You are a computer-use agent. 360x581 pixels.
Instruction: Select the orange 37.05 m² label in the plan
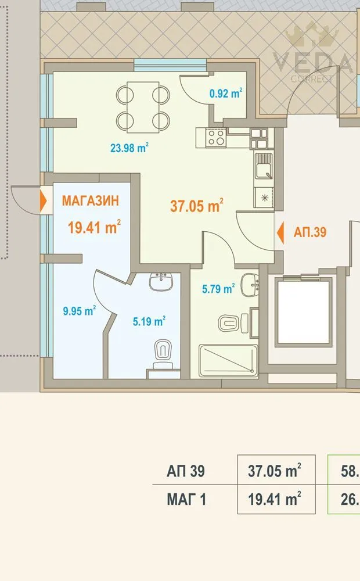click(x=197, y=205)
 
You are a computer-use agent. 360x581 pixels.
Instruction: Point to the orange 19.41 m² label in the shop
click(x=94, y=227)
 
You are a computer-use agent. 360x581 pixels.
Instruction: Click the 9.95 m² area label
click(x=80, y=311)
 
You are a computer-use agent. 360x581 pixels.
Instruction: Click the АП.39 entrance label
click(x=310, y=233)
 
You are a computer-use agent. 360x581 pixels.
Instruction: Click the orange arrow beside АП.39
click(x=280, y=233)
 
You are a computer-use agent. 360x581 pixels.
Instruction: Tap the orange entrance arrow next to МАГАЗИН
click(x=44, y=201)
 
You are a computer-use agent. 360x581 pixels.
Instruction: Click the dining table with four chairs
click(x=143, y=107)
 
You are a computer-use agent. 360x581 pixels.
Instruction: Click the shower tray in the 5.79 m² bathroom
click(x=228, y=360)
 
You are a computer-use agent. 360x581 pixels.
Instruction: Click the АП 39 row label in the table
click(x=186, y=472)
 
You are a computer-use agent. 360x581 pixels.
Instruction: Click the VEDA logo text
click(x=314, y=63)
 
